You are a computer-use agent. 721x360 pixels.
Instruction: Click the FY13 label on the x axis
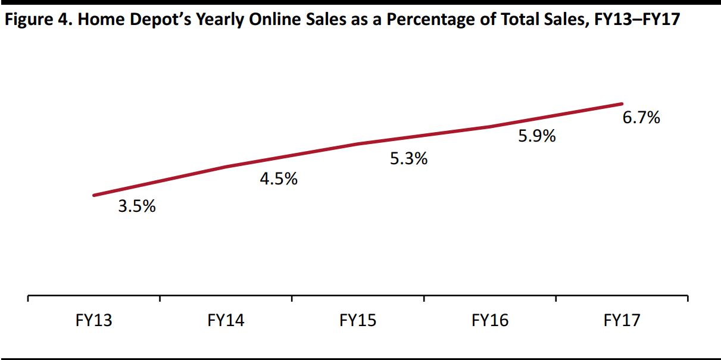click(94, 321)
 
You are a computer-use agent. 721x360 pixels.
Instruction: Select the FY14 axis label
click(226, 321)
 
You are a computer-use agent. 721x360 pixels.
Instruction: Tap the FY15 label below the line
click(358, 321)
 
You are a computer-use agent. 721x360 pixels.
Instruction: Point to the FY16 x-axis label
click(490, 321)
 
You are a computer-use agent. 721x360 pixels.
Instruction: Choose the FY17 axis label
click(622, 321)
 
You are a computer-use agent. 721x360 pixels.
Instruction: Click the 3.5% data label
click(137, 207)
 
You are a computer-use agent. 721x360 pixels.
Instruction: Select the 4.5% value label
click(279, 179)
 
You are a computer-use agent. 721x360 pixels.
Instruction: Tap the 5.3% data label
click(409, 159)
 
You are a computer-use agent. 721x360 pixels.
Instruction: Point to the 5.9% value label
click(537, 136)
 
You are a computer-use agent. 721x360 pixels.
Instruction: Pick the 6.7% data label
click(641, 118)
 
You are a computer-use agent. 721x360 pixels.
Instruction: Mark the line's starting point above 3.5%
click(94, 195)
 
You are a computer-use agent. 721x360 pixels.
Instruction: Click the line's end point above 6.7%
click(622, 104)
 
